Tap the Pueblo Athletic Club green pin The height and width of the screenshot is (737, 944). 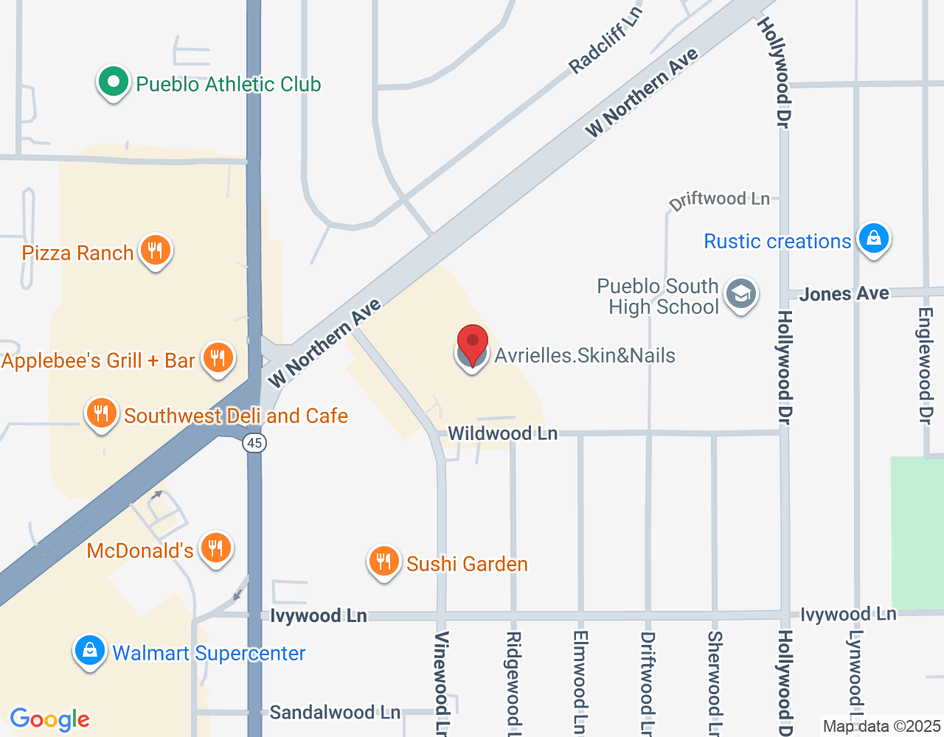(114, 83)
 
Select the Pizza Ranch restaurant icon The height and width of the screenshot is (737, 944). (155, 251)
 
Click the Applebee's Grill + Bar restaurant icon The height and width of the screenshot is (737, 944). (218, 359)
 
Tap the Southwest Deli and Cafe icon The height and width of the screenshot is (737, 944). (102, 414)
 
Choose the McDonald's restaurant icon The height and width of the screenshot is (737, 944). (215, 548)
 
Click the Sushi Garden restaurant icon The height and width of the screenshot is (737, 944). (383, 562)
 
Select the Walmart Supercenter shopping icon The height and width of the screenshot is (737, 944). (90, 652)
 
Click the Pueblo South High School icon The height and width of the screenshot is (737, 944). (740, 295)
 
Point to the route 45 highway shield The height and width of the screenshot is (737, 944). (254, 443)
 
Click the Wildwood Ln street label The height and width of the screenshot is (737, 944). (502, 433)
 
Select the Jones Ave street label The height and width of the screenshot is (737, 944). (844, 294)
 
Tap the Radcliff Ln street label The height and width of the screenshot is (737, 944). (605, 41)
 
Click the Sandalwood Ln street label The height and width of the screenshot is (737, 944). (335, 713)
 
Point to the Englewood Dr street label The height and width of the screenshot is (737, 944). (926, 365)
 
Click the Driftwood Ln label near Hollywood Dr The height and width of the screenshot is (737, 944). (719, 200)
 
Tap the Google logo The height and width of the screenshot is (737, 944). (50, 719)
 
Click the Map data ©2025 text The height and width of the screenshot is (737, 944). (881, 727)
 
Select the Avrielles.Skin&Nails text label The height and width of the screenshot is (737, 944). (584, 356)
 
